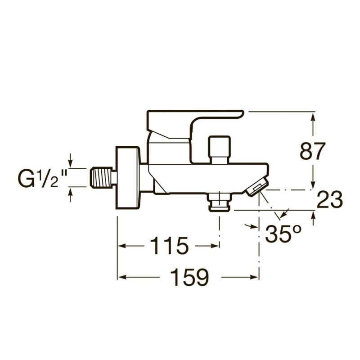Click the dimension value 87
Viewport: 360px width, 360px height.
pos(312,151)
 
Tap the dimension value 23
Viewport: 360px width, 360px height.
pos(330,200)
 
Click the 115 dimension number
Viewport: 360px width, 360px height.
pos(169,245)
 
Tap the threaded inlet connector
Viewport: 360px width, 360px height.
pos(103,177)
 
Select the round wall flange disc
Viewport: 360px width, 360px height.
pos(128,177)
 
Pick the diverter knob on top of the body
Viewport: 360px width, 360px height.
pos(219,149)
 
